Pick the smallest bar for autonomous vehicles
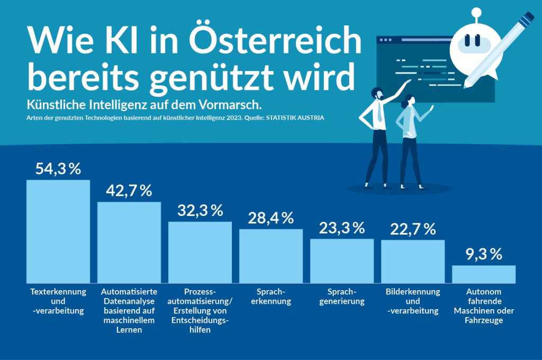483,274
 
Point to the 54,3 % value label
58,169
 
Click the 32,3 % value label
200,211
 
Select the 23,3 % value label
342,228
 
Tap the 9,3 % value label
484,255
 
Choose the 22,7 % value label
413,229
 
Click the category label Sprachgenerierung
342,297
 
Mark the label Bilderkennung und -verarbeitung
413,301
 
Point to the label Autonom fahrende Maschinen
484,306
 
